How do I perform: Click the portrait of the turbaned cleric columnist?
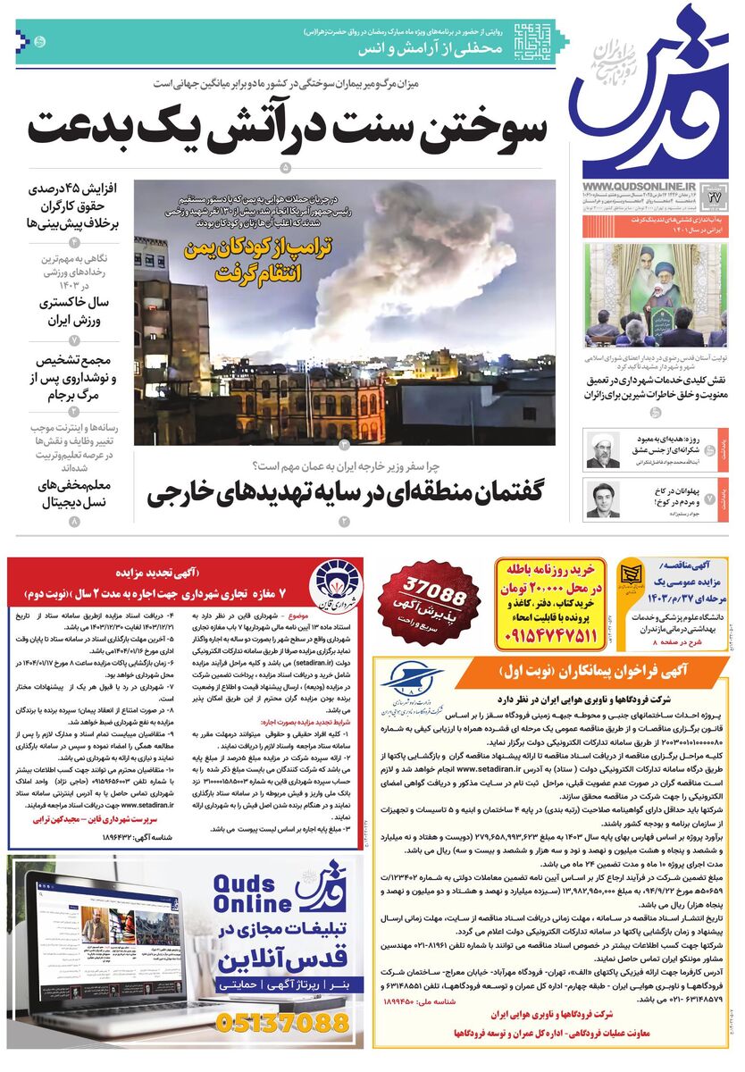click(x=602, y=450)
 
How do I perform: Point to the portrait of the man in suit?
click(x=602, y=499)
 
